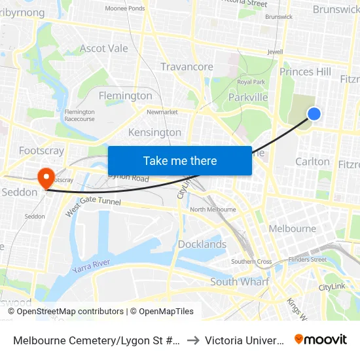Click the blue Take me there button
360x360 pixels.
[x=180, y=160]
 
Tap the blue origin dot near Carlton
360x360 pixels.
[x=314, y=114]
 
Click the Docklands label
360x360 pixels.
[x=202, y=244]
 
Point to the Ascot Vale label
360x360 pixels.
[x=104, y=48]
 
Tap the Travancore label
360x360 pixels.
[x=187, y=67]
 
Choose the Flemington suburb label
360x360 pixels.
[x=125, y=96]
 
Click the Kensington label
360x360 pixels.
[x=154, y=132]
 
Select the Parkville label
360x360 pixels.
[x=248, y=98]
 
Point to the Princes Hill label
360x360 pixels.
[x=305, y=71]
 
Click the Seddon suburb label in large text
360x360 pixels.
[x=20, y=192]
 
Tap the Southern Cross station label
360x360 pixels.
[x=251, y=262]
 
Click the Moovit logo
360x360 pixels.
[x=321, y=340]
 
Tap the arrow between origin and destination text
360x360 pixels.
[x=193, y=340]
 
